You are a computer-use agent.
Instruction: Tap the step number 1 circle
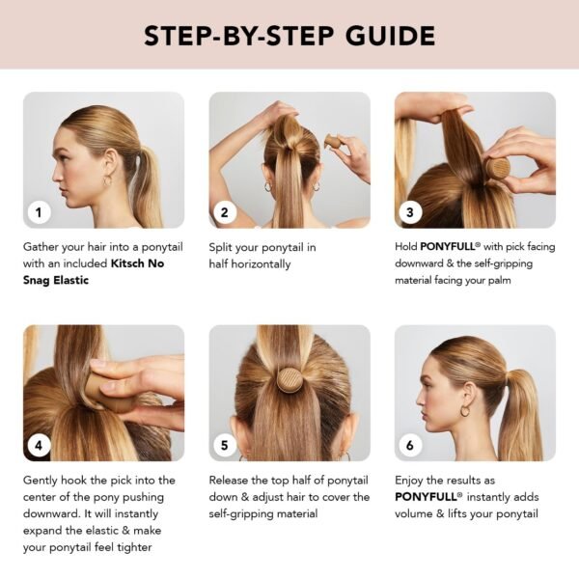[x=39, y=212]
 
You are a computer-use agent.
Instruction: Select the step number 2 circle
[x=224, y=212]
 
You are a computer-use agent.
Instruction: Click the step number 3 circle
[x=409, y=212]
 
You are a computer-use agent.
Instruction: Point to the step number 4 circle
[x=39, y=446]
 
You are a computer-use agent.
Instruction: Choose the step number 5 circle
[x=224, y=446]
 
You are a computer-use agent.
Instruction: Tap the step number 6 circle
[x=409, y=446]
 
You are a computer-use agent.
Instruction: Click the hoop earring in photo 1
[x=107, y=180]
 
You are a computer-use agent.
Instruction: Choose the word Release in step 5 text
[x=233, y=480]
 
